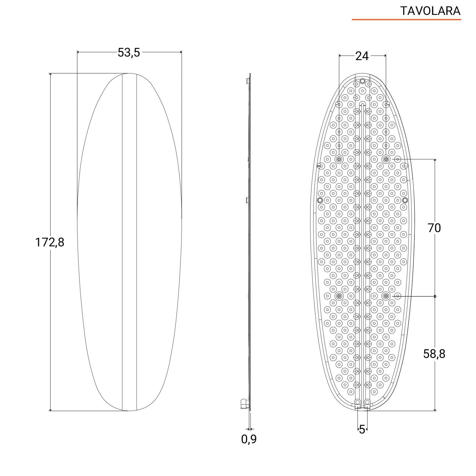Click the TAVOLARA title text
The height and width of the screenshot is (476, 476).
430,11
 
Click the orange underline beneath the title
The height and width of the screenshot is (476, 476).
406,20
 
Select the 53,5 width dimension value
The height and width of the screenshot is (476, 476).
129,53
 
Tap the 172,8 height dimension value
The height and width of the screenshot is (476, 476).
50,242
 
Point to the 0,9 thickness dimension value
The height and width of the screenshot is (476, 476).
249,439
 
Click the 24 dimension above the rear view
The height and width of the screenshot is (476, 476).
362,56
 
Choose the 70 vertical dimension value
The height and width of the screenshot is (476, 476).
434,228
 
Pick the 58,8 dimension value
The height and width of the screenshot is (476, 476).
434,354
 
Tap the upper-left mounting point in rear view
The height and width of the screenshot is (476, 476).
339,159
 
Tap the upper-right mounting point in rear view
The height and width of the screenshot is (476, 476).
386,159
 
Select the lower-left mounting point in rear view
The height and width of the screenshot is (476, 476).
339,296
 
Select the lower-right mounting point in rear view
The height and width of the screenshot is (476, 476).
386,296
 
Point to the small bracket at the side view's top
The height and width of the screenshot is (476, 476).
248,81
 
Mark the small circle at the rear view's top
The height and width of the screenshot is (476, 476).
362,81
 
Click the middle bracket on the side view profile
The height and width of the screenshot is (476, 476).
247,200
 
